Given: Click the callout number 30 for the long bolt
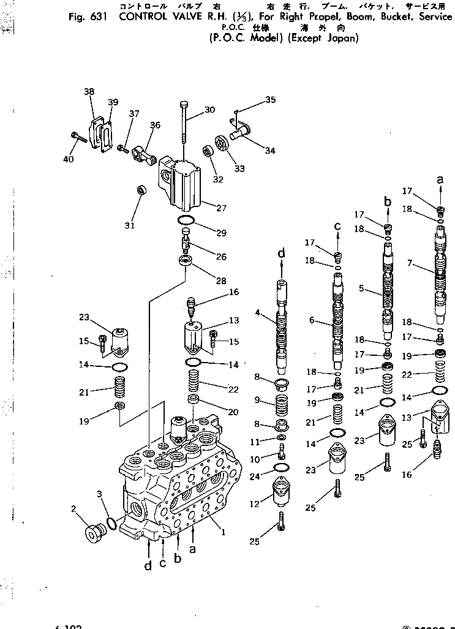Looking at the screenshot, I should point(209,110).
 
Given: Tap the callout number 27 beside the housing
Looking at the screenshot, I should point(220,208).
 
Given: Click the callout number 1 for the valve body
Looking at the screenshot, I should point(224,532).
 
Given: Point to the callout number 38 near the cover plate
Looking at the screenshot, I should point(89,92).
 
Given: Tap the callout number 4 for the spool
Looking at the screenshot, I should point(258,312).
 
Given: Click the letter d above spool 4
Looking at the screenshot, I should point(281,253).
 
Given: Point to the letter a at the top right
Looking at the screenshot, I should point(439,179).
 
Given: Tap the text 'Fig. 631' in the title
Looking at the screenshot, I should point(88,17).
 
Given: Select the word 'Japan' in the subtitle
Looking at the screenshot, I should point(344,38).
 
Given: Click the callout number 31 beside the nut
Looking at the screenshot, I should point(129,225).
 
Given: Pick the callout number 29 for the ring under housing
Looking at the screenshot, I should point(220,233).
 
